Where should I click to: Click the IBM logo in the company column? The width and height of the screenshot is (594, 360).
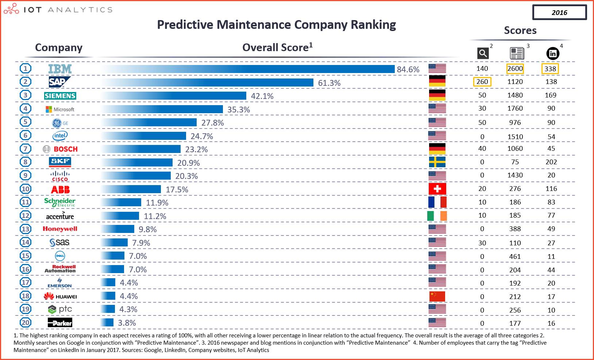coord(60,69)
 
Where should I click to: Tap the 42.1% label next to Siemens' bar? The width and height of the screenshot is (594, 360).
coord(262,96)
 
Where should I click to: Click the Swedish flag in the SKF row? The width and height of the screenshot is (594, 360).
coord(437,162)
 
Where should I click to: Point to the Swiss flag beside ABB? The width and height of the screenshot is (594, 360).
coord(437,189)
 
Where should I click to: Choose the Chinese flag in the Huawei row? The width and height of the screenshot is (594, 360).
coord(437,296)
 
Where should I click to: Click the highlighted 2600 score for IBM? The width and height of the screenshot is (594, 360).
coord(515,69)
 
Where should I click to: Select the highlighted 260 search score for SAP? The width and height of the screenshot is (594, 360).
coord(482,82)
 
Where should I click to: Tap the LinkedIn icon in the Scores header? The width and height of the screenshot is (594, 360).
coord(552,54)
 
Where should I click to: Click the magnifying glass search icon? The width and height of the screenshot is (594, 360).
coord(483,54)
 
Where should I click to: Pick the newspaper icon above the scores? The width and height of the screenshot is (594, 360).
coord(517,54)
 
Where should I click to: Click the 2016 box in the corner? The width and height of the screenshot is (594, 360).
coord(559,12)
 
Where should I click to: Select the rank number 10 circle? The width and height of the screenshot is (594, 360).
coord(26,189)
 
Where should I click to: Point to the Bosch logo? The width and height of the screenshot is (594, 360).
coord(61,149)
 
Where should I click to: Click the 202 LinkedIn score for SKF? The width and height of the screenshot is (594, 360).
coord(551,162)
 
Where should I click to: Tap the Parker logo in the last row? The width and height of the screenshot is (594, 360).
coord(60,323)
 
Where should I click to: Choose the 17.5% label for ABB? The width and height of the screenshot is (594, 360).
coord(177,189)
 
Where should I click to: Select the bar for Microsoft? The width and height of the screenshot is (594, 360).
coord(162,109)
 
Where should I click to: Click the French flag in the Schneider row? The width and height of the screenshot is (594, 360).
coord(437,202)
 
